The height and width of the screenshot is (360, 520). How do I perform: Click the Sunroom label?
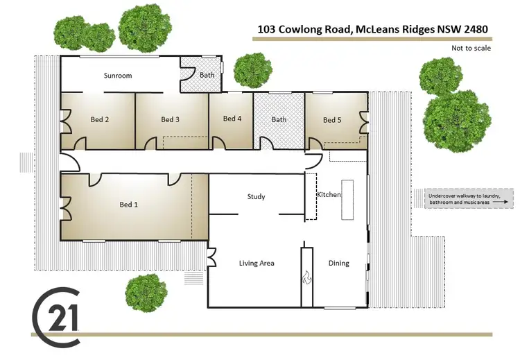tap(118, 76)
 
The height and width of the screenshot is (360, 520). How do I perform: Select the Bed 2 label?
tap(100, 120)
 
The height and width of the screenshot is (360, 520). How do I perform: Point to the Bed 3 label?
tap(171, 120)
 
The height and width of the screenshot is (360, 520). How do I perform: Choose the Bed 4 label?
tap(232, 119)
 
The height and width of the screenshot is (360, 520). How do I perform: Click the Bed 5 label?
tap(333, 120)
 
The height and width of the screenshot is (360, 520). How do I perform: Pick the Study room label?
tap(257, 197)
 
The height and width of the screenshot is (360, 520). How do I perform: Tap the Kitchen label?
tap(329, 195)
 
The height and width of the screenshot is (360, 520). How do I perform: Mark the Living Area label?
tap(257, 264)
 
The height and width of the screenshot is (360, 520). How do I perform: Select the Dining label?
tap(339, 264)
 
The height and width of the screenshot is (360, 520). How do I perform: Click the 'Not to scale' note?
tap(471, 48)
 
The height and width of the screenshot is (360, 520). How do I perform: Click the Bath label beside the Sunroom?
tap(207, 74)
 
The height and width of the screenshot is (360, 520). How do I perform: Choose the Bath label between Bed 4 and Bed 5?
tap(279, 119)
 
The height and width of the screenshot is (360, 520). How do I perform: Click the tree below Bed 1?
tap(146, 292)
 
